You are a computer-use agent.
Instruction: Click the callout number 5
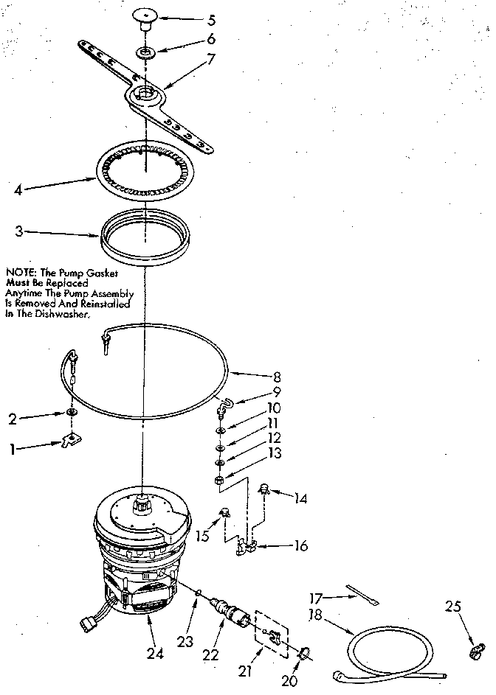point(191,18)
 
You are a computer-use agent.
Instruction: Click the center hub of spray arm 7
point(146,93)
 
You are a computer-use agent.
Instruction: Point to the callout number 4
point(18,189)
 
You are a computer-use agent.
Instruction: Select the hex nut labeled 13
point(220,480)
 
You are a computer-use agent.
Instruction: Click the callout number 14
point(300,498)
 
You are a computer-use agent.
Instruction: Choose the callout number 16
point(300,546)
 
